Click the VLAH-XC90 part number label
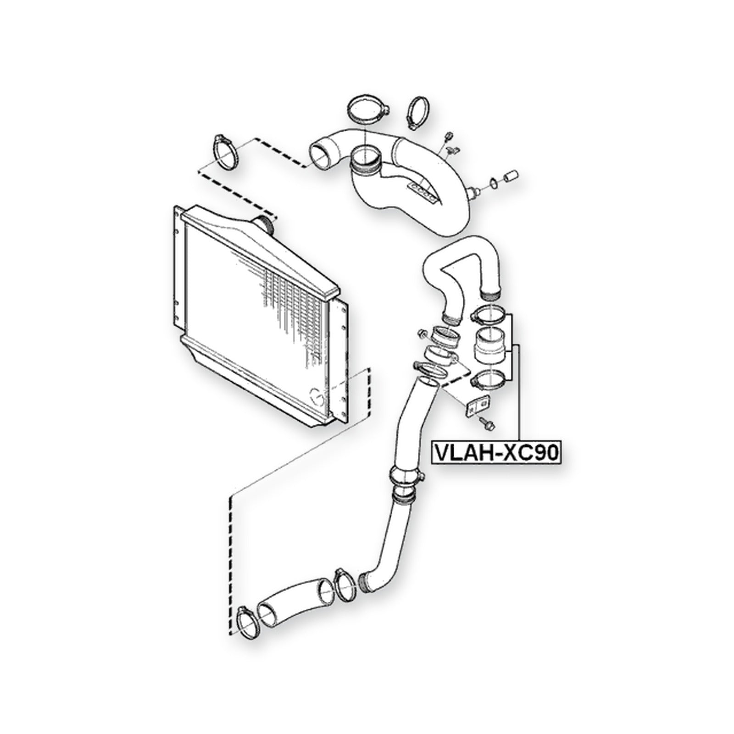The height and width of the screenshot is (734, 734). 496,453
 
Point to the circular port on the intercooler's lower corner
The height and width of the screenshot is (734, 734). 317,396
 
